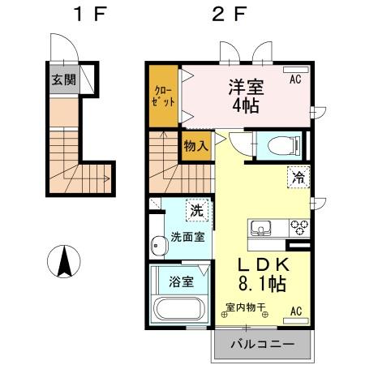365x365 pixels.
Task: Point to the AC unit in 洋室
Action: pyautogui.click(x=295, y=79)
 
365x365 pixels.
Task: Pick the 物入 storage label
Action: pyautogui.click(x=195, y=147)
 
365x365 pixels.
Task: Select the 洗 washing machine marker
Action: pyautogui.click(x=195, y=210)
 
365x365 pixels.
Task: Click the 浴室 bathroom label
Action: pyautogui.click(x=180, y=282)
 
